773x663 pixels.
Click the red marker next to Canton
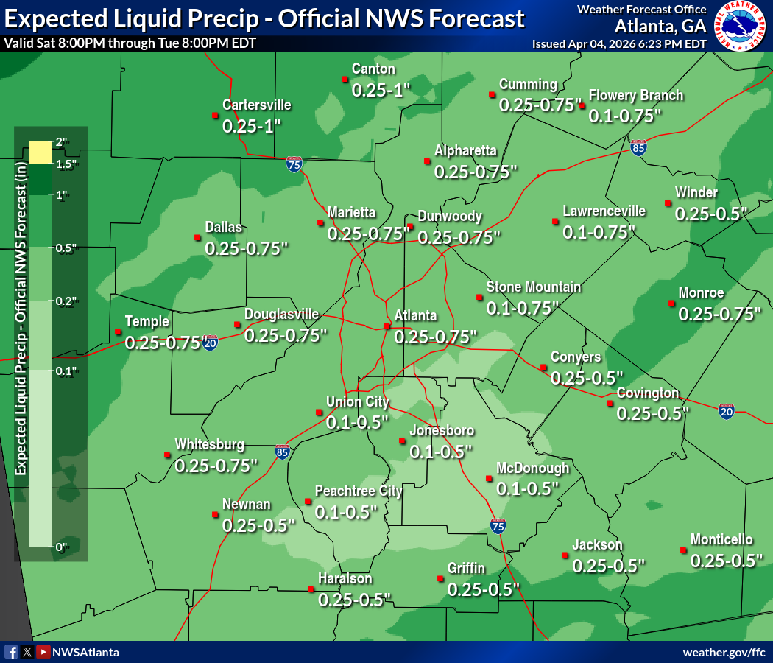coord(344,79)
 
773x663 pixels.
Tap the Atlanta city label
coord(415,315)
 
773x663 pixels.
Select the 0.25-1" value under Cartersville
coord(253,126)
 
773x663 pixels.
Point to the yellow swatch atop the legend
coord(40,152)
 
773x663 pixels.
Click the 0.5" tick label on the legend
coord(66,248)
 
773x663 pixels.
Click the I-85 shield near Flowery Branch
coord(639,148)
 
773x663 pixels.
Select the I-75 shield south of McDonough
coord(498,525)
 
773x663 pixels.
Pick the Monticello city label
coord(721,539)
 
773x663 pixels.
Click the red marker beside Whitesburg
coord(166,455)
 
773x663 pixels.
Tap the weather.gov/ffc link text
coord(724,653)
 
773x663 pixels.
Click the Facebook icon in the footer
coord(11,652)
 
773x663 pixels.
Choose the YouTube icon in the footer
coord(43,652)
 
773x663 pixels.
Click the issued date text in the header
coord(619,44)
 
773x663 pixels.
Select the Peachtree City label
coord(359,491)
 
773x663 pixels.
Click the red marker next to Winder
coord(668,203)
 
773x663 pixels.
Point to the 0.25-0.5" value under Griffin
coord(483,589)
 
